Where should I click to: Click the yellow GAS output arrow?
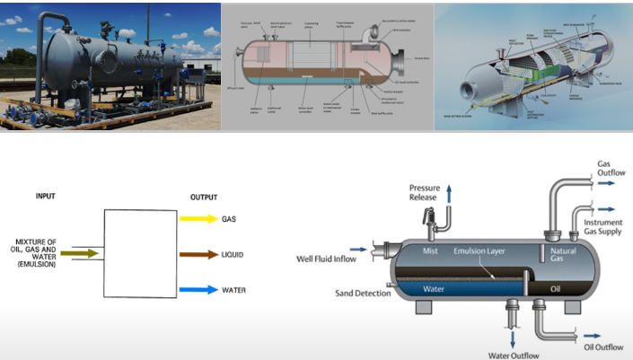pyautogui.click(x=198, y=218)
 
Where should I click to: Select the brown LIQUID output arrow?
pyautogui.click(x=198, y=254)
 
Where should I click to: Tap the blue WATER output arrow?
pyautogui.click(x=198, y=290)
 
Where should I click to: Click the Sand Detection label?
pyautogui.click(x=363, y=293)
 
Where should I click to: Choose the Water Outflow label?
pyautogui.click(x=513, y=355)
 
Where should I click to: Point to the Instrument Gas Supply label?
pyautogui.click(x=610, y=227)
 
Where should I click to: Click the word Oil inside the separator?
pyautogui.click(x=556, y=289)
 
